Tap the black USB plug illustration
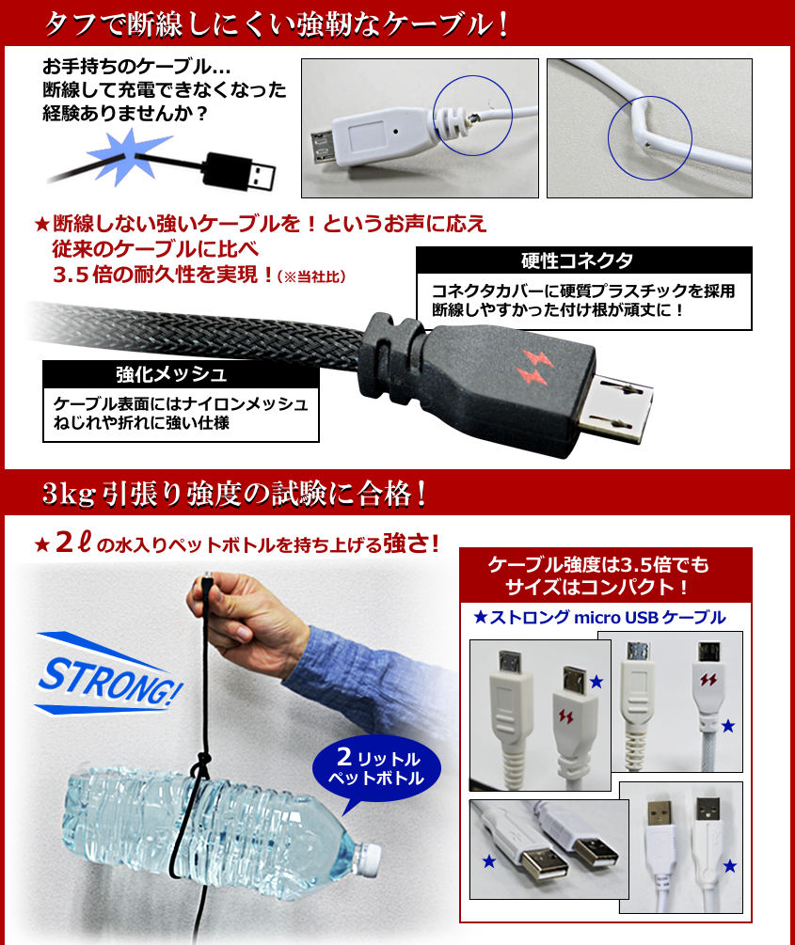240,172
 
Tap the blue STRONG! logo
108,674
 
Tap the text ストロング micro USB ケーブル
599,617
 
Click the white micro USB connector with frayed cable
374,138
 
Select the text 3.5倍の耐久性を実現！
164,275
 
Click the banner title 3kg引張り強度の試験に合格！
235,494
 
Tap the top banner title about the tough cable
278,25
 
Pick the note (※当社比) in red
311,276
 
